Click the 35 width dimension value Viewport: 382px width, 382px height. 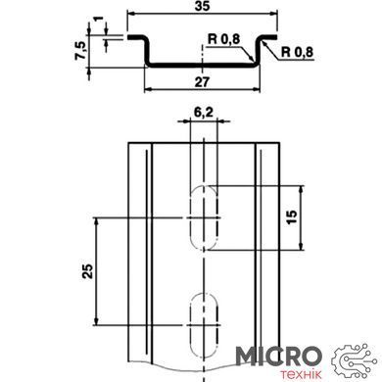(202, 6)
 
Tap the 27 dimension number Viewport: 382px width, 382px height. (202, 81)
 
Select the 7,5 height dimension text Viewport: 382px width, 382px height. (80, 50)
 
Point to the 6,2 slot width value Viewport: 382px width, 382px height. (204, 113)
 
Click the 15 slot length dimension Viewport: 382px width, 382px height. (292, 217)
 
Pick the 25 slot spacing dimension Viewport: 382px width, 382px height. (87, 271)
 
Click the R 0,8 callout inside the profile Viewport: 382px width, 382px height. (224, 39)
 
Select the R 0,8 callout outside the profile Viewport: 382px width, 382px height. (297, 52)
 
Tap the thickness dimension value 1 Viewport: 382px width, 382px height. (97, 19)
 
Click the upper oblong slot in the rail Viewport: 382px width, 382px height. (204, 217)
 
